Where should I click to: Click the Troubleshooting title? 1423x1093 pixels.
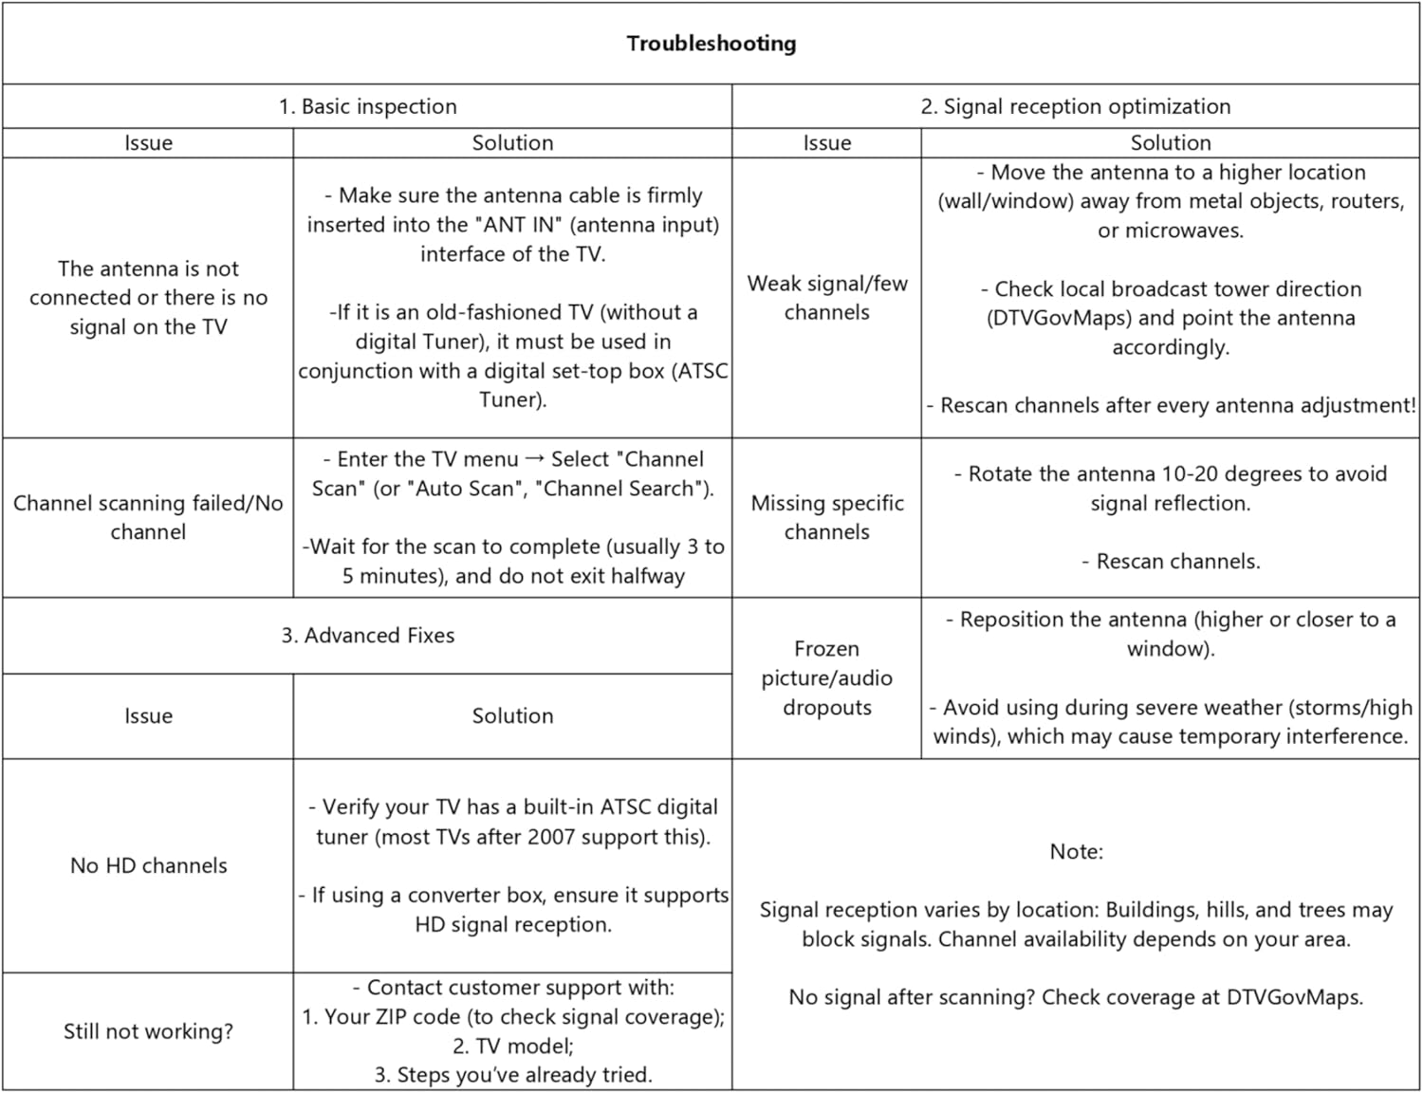click(711, 44)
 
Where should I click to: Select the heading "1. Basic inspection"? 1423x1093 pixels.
click(367, 106)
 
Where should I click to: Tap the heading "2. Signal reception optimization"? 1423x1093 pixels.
click(1075, 106)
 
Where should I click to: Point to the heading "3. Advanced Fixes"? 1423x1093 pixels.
click(367, 636)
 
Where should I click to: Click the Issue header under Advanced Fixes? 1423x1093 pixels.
click(148, 716)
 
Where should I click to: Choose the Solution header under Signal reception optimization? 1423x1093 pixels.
click(1170, 143)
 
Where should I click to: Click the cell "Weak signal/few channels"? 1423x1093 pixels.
click(826, 298)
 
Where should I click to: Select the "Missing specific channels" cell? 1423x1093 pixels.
click(826, 517)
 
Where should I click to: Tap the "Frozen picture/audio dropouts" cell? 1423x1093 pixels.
click(826, 677)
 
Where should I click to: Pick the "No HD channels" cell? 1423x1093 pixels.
click(148, 865)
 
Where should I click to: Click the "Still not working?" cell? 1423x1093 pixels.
click(148, 1031)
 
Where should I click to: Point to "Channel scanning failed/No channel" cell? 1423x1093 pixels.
click(148, 517)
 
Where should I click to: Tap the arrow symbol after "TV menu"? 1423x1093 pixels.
click(535, 459)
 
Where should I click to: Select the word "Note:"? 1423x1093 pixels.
click(1076, 852)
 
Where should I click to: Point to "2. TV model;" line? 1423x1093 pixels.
click(512, 1046)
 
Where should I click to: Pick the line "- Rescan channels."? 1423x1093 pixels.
click(1170, 562)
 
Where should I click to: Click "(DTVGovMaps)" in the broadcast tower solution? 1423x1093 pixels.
click(1059, 319)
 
